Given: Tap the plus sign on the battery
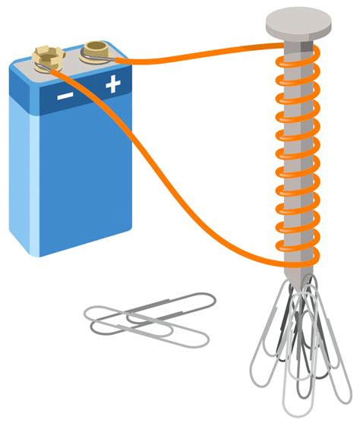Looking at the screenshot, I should (x=113, y=85).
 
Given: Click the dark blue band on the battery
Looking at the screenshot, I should (x=84, y=95).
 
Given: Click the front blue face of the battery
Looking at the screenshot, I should (x=84, y=175).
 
